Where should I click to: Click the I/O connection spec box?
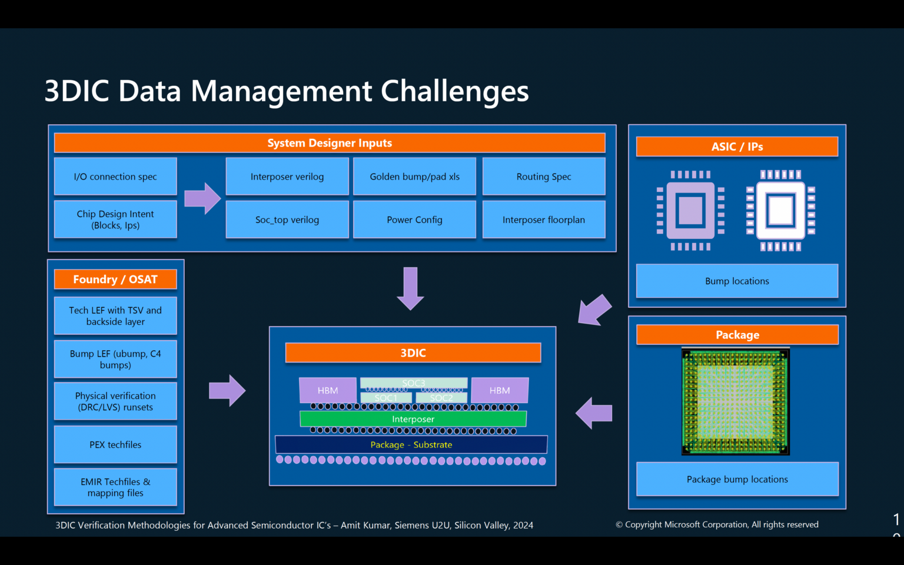pyautogui.click(x=115, y=177)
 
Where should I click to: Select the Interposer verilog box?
pyautogui.click(x=287, y=177)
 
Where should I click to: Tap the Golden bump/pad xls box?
pyautogui.click(x=414, y=177)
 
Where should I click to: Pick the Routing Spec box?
pyautogui.click(x=544, y=177)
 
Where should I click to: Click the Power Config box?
pyautogui.click(x=414, y=220)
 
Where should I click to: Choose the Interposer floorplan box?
pyautogui.click(x=544, y=220)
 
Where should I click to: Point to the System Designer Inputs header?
pyautogui.click(x=330, y=143)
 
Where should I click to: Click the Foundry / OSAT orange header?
pyautogui.click(x=115, y=280)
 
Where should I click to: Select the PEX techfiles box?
pyautogui.click(x=115, y=444)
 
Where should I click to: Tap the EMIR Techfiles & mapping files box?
pyautogui.click(x=115, y=487)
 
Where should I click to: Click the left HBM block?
pyautogui.click(x=328, y=390)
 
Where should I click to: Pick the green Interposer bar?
pyautogui.click(x=413, y=419)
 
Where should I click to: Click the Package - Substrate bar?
pyautogui.click(x=411, y=444)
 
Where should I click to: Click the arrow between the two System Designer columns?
pyautogui.click(x=202, y=198)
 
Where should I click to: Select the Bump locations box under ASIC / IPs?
pyautogui.click(x=737, y=281)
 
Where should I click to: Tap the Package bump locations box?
pyautogui.click(x=737, y=479)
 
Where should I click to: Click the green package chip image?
pyautogui.click(x=736, y=401)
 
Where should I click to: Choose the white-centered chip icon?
pyautogui.click(x=781, y=210)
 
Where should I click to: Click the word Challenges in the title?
pyautogui.click(x=454, y=92)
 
